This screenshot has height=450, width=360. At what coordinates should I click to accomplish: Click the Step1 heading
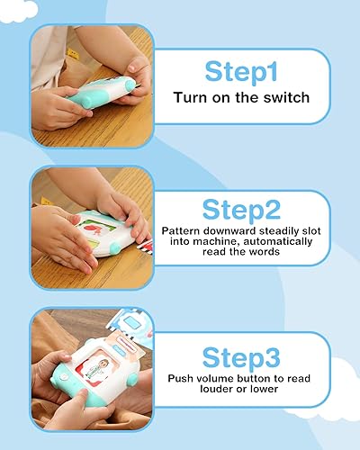[241, 70]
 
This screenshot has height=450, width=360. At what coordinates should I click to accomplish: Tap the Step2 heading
[241, 211]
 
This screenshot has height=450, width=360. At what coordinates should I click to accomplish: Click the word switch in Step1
[283, 96]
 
